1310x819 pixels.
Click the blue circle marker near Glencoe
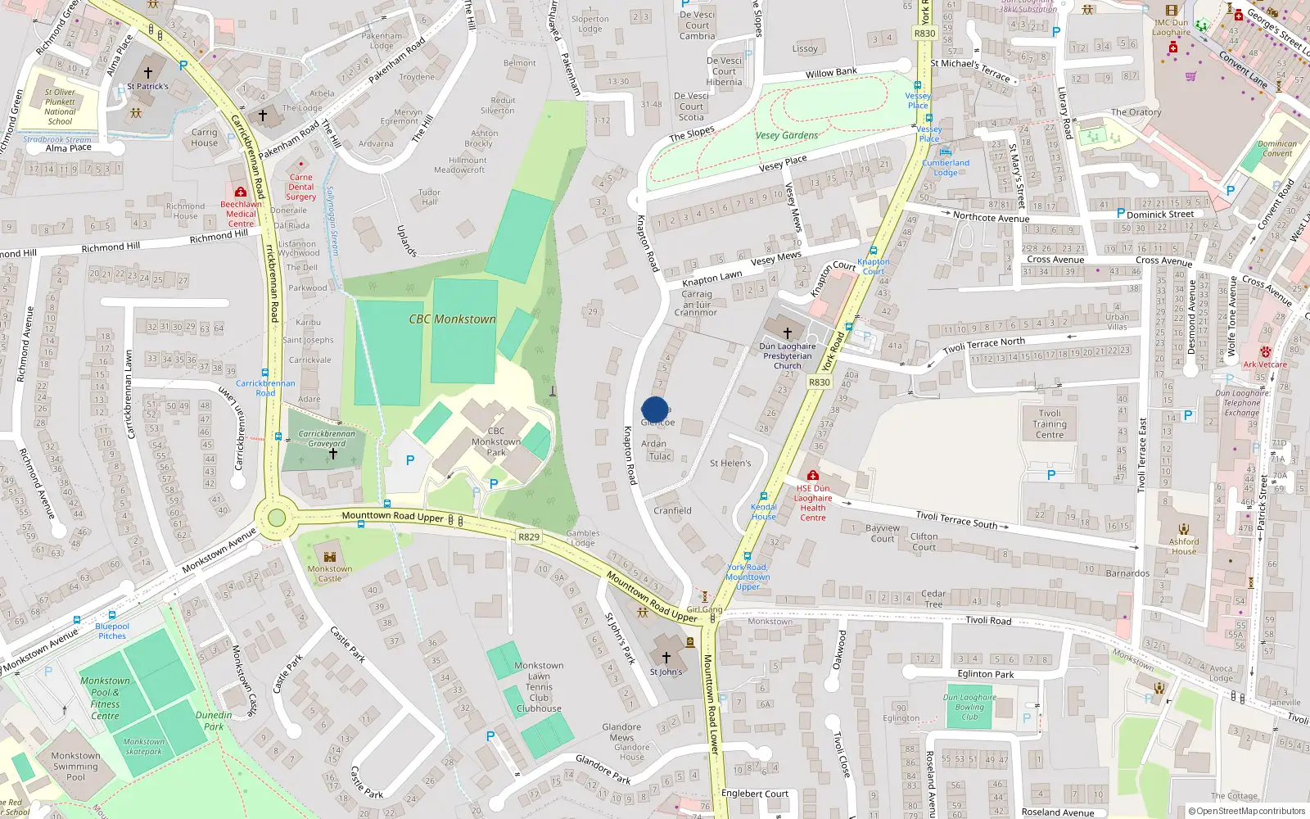(x=655, y=409)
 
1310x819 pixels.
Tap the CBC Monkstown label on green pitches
(x=453, y=319)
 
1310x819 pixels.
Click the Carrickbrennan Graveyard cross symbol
(x=332, y=453)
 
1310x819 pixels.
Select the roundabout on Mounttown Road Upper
(x=277, y=518)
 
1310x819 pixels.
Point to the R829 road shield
(x=529, y=537)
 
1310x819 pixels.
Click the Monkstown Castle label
(x=330, y=573)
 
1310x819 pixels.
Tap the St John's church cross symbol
(x=666, y=657)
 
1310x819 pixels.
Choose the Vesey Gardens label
(x=786, y=136)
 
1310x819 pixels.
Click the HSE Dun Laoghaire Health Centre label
(x=813, y=503)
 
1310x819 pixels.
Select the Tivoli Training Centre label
(x=1050, y=424)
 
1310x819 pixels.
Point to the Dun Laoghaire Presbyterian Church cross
(x=788, y=333)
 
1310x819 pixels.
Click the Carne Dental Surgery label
(x=300, y=188)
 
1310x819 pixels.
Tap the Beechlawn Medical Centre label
(x=241, y=214)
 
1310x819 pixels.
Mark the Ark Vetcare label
(x=1265, y=364)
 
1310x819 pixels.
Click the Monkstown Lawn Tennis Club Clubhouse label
(x=539, y=687)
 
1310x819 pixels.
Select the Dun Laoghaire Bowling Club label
(x=969, y=707)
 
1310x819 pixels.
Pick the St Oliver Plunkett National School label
(x=60, y=107)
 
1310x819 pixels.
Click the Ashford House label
(x=1184, y=546)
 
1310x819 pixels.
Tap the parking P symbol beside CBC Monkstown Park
(x=410, y=461)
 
